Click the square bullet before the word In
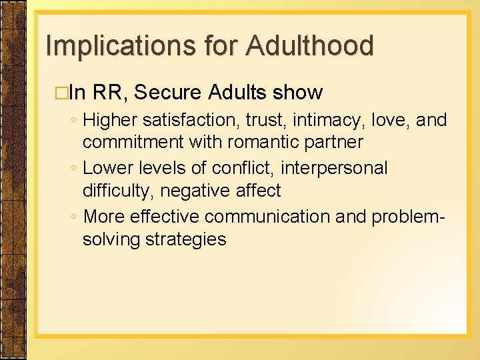tap(64, 93)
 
